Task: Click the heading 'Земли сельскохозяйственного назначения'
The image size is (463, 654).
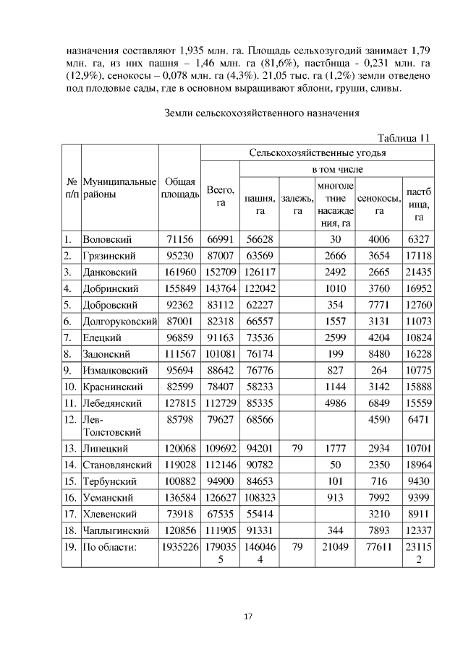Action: click(x=261, y=113)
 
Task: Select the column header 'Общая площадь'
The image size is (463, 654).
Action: click(x=179, y=188)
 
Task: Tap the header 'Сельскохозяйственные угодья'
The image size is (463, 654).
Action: click(x=318, y=153)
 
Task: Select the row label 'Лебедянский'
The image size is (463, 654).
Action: click(x=112, y=403)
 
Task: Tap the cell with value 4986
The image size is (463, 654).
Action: click(x=334, y=403)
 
